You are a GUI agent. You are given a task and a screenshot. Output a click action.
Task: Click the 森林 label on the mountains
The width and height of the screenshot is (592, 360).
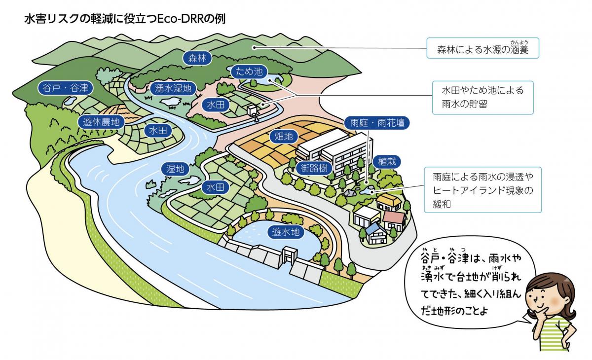click(x=197, y=58)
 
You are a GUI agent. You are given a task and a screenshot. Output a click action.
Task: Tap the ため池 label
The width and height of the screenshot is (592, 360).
click(x=249, y=72)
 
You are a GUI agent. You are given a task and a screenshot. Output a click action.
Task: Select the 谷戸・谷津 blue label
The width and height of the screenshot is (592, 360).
click(x=65, y=88)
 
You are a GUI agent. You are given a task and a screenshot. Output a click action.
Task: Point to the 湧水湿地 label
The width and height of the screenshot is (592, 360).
click(x=173, y=88)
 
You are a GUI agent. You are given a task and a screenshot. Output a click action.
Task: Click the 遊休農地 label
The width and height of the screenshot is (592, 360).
click(x=101, y=122)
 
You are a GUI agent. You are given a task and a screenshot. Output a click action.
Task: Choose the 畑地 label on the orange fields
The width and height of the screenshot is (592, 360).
click(x=284, y=137)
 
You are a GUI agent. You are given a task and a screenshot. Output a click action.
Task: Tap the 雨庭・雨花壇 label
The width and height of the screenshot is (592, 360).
click(x=377, y=123)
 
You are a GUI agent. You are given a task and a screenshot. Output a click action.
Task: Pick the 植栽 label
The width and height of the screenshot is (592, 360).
click(x=387, y=161)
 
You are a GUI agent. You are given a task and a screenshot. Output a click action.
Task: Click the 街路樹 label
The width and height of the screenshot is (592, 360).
click(x=314, y=168)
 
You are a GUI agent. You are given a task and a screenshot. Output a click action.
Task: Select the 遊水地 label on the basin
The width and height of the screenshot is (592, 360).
click(x=286, y=232)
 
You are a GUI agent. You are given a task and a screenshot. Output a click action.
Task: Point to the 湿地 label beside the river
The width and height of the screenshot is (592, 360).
click(x=175, y=169)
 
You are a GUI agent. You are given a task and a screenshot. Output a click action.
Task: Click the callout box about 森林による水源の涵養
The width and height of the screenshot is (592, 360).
click(x=482, y=48)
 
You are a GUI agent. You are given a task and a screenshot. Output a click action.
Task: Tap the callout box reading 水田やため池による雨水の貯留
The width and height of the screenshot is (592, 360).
click(x=482, y=98)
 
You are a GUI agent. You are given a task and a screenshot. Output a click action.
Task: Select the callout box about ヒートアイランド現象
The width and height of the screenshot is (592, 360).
click(x=482, y=190)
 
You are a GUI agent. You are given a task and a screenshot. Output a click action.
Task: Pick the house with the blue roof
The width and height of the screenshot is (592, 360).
click(x=376, y=233)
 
